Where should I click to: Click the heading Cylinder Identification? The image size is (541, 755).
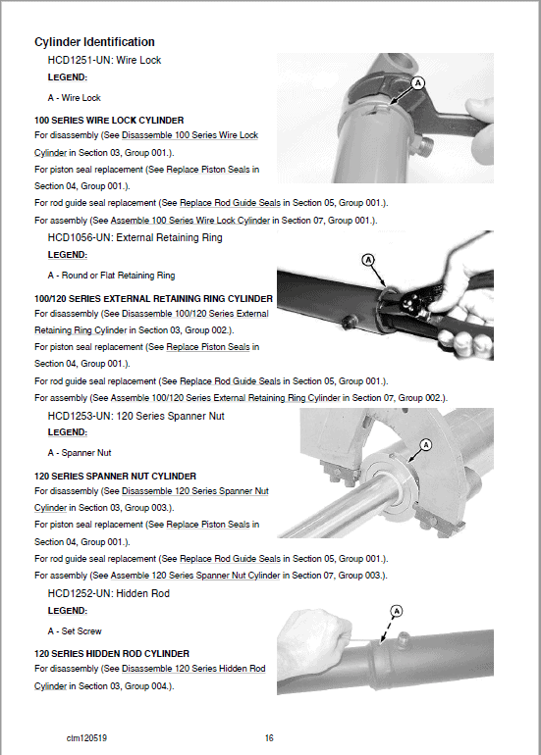click(94, 42)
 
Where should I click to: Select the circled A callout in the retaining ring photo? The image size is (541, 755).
click(368, 260)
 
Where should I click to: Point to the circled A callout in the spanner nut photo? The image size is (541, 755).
click(425, 444)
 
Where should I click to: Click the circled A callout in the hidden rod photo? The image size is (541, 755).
click(397, 610)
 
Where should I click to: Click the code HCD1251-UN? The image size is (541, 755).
click(81, 61)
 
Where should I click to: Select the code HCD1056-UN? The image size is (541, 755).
click(81, 237)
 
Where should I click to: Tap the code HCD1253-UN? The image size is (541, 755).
click(81, 416)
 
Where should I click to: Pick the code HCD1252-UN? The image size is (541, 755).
click(81, 593)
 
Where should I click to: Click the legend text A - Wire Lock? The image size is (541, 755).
click(75, 98)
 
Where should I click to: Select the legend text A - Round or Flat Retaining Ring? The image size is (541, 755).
click(111, 276)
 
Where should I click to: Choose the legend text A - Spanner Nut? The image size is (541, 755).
click(81, 454)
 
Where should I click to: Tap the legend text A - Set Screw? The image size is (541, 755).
click(75, 631)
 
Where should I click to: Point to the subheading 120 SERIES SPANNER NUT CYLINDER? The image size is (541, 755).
click(115, 477)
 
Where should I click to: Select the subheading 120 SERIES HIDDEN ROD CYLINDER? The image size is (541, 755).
click(112, 654)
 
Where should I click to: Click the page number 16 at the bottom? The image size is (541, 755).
click(270, 736)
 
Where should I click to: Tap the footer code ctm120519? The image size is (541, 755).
click(86, 736)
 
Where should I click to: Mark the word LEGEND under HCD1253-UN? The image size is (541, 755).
click(67, 432)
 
